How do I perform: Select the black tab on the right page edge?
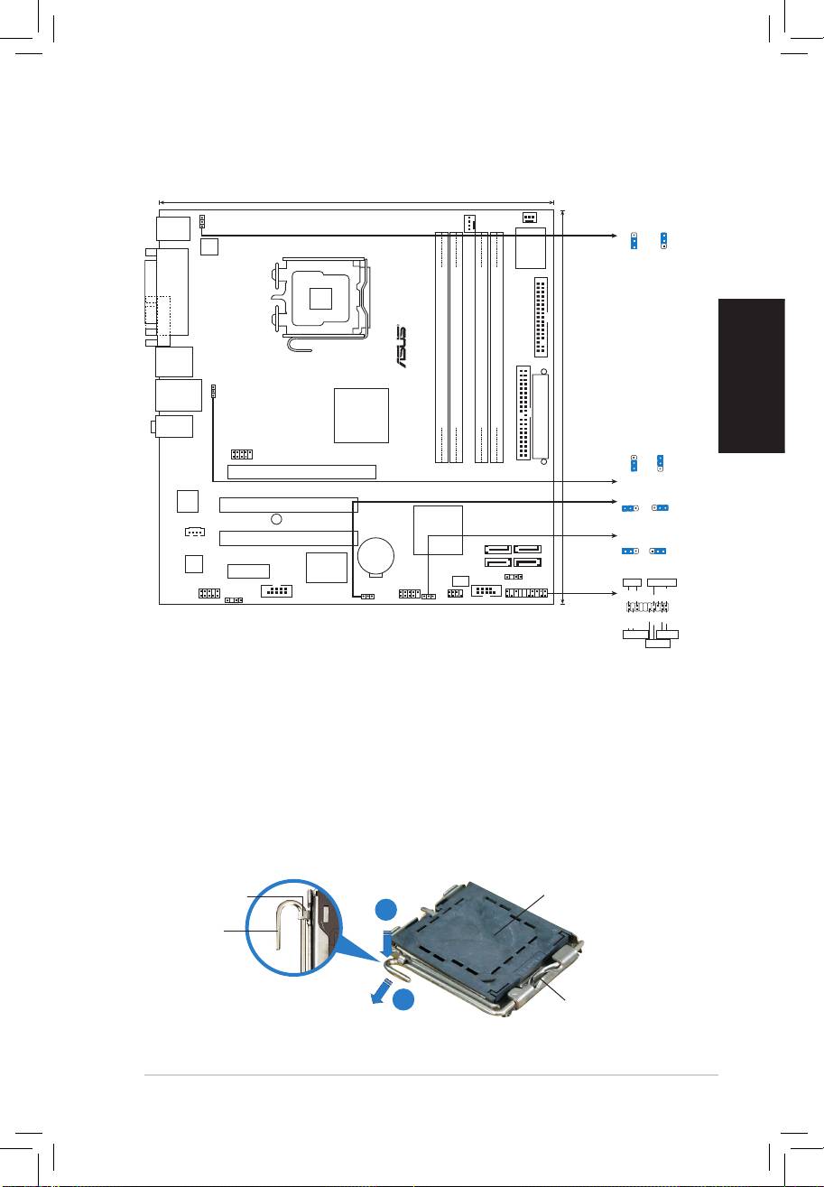coord(752,376)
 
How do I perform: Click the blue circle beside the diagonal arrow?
coord(404,999)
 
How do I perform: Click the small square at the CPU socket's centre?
coord(321,299)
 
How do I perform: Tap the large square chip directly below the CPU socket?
coord(361,415)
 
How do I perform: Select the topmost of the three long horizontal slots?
coord(301,471)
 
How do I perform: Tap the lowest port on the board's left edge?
coord(173,426)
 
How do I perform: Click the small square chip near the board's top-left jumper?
coord(209,246)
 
